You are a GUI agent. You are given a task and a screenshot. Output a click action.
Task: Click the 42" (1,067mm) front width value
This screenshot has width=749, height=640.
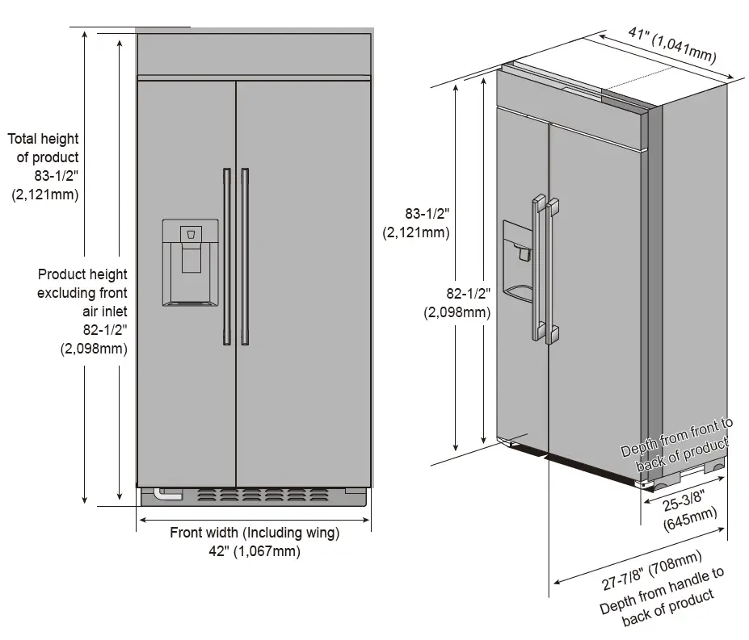(255, 552)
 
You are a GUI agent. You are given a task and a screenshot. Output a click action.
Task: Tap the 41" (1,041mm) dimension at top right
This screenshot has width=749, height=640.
(672, 44)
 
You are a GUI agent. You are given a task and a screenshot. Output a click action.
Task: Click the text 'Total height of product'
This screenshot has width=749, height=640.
(44, 148)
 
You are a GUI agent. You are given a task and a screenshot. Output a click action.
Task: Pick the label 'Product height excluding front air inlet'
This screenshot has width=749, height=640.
(82, 292)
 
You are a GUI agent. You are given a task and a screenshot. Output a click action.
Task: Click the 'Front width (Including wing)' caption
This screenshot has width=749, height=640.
(255, 533)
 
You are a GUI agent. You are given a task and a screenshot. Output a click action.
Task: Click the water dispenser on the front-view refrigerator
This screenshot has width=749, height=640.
(190, 263)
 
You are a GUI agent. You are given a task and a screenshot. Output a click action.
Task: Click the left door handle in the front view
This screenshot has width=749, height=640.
(227, 257)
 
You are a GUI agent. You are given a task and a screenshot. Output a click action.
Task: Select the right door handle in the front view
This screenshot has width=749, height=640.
(244, 257)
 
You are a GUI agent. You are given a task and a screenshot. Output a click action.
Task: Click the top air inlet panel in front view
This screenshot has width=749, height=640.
(254, 54)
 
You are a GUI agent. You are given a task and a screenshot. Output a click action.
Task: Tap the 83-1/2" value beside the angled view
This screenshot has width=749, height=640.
(427, 214)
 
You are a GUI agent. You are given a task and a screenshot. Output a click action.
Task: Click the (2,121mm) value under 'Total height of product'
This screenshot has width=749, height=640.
(45, 194)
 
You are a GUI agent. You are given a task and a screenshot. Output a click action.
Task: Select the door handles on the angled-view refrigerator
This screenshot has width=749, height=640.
(542, 270)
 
